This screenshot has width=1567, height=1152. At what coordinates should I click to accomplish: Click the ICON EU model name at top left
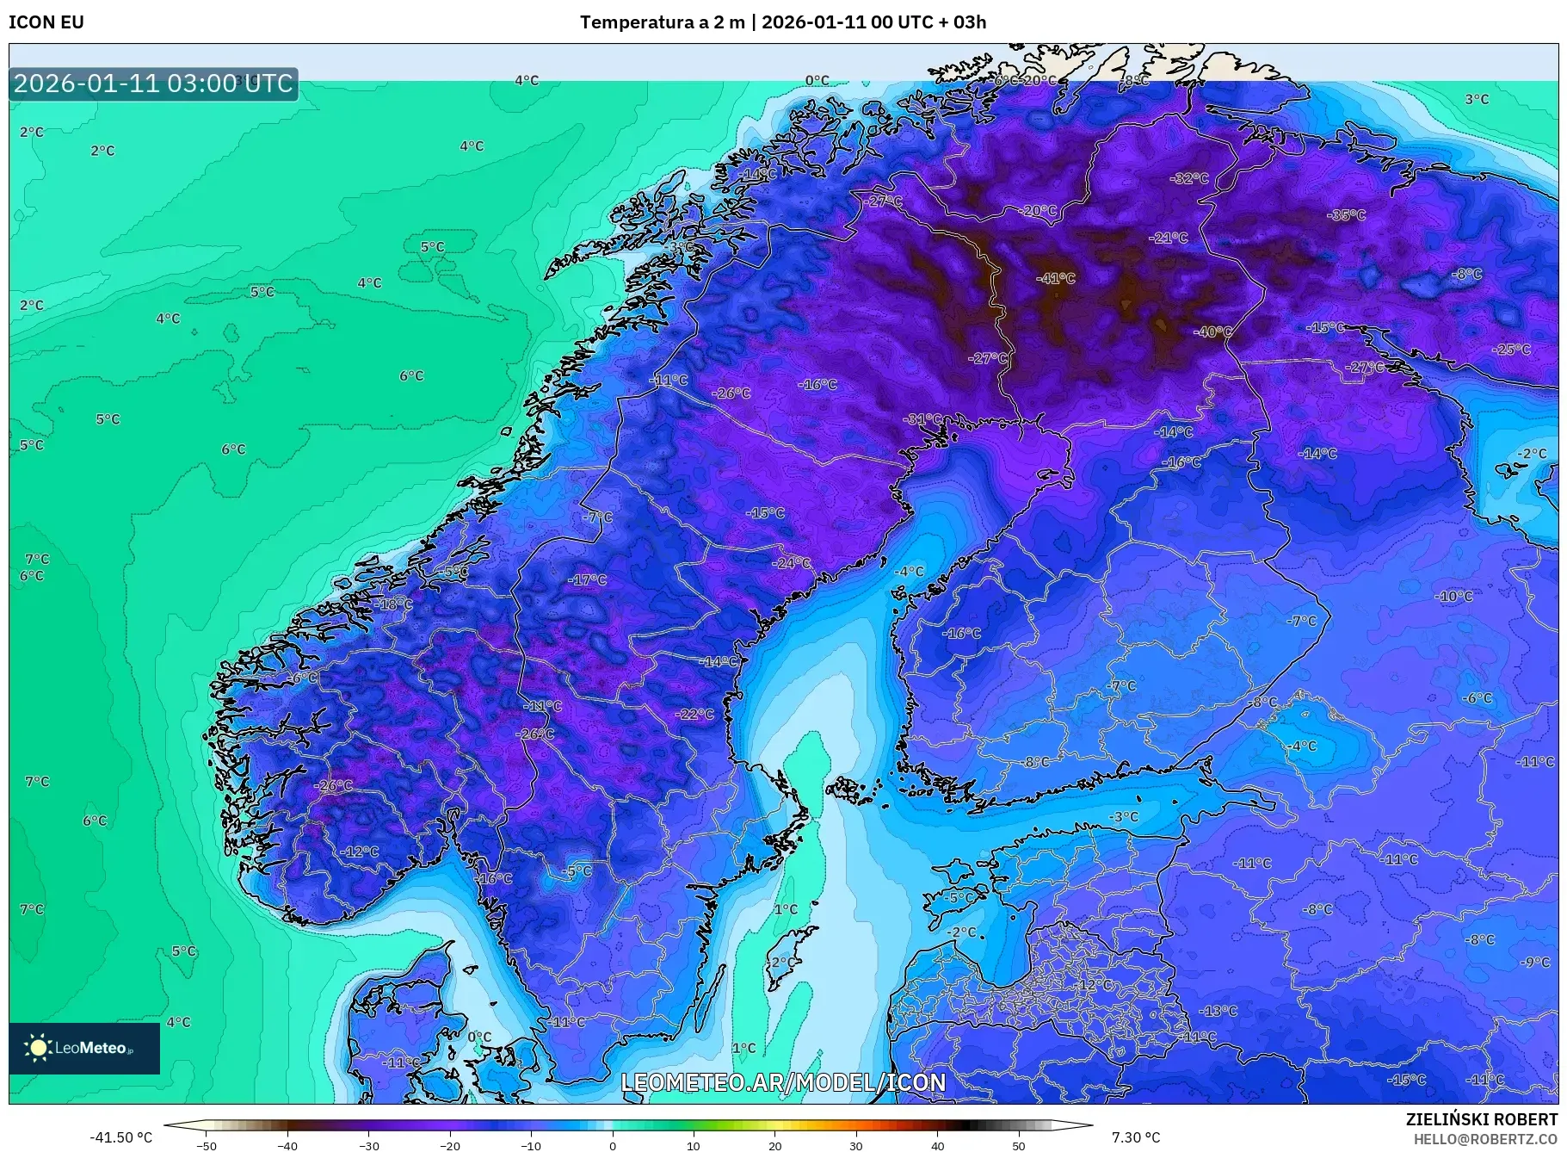[x=46, y=22]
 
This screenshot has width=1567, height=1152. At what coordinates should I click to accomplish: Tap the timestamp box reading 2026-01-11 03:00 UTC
[x=153, y=84]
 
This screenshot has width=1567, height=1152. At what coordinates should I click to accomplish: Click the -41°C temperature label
[x=1056, y=278]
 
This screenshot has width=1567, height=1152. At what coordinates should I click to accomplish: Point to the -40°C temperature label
[x=1212, y=331]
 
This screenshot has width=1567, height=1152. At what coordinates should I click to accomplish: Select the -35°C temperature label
[x=1346, y=215]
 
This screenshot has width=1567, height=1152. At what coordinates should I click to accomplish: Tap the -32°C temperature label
[x=1189, y=178]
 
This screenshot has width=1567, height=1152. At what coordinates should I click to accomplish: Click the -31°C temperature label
[x=922, y=419]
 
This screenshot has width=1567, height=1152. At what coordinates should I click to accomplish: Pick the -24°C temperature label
[x=792, y=563]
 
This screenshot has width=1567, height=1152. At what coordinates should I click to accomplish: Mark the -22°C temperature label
[x=694, y=714]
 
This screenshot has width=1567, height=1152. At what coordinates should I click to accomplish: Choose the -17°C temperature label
[x=587, y=580]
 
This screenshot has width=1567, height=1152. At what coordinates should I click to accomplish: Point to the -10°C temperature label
[x=1453, y=596]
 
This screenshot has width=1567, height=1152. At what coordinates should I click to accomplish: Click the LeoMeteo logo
[x=83, y=1048]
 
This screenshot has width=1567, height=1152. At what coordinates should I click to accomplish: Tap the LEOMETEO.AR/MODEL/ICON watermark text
[x=783, y=1082]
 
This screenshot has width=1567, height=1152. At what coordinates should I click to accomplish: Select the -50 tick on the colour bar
[x=207, y=1145]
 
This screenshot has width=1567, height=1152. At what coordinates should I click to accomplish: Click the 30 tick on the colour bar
[x=856, y=1145]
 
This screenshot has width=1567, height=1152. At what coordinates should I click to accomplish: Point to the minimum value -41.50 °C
[x=121, y=1137]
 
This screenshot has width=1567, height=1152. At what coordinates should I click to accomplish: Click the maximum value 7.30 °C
[x=1136, y=1137]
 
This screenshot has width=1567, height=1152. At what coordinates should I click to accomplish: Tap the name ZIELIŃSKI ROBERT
[x=1481, y=1119]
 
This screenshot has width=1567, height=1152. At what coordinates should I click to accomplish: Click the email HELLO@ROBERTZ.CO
[x=1485, y=1139]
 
